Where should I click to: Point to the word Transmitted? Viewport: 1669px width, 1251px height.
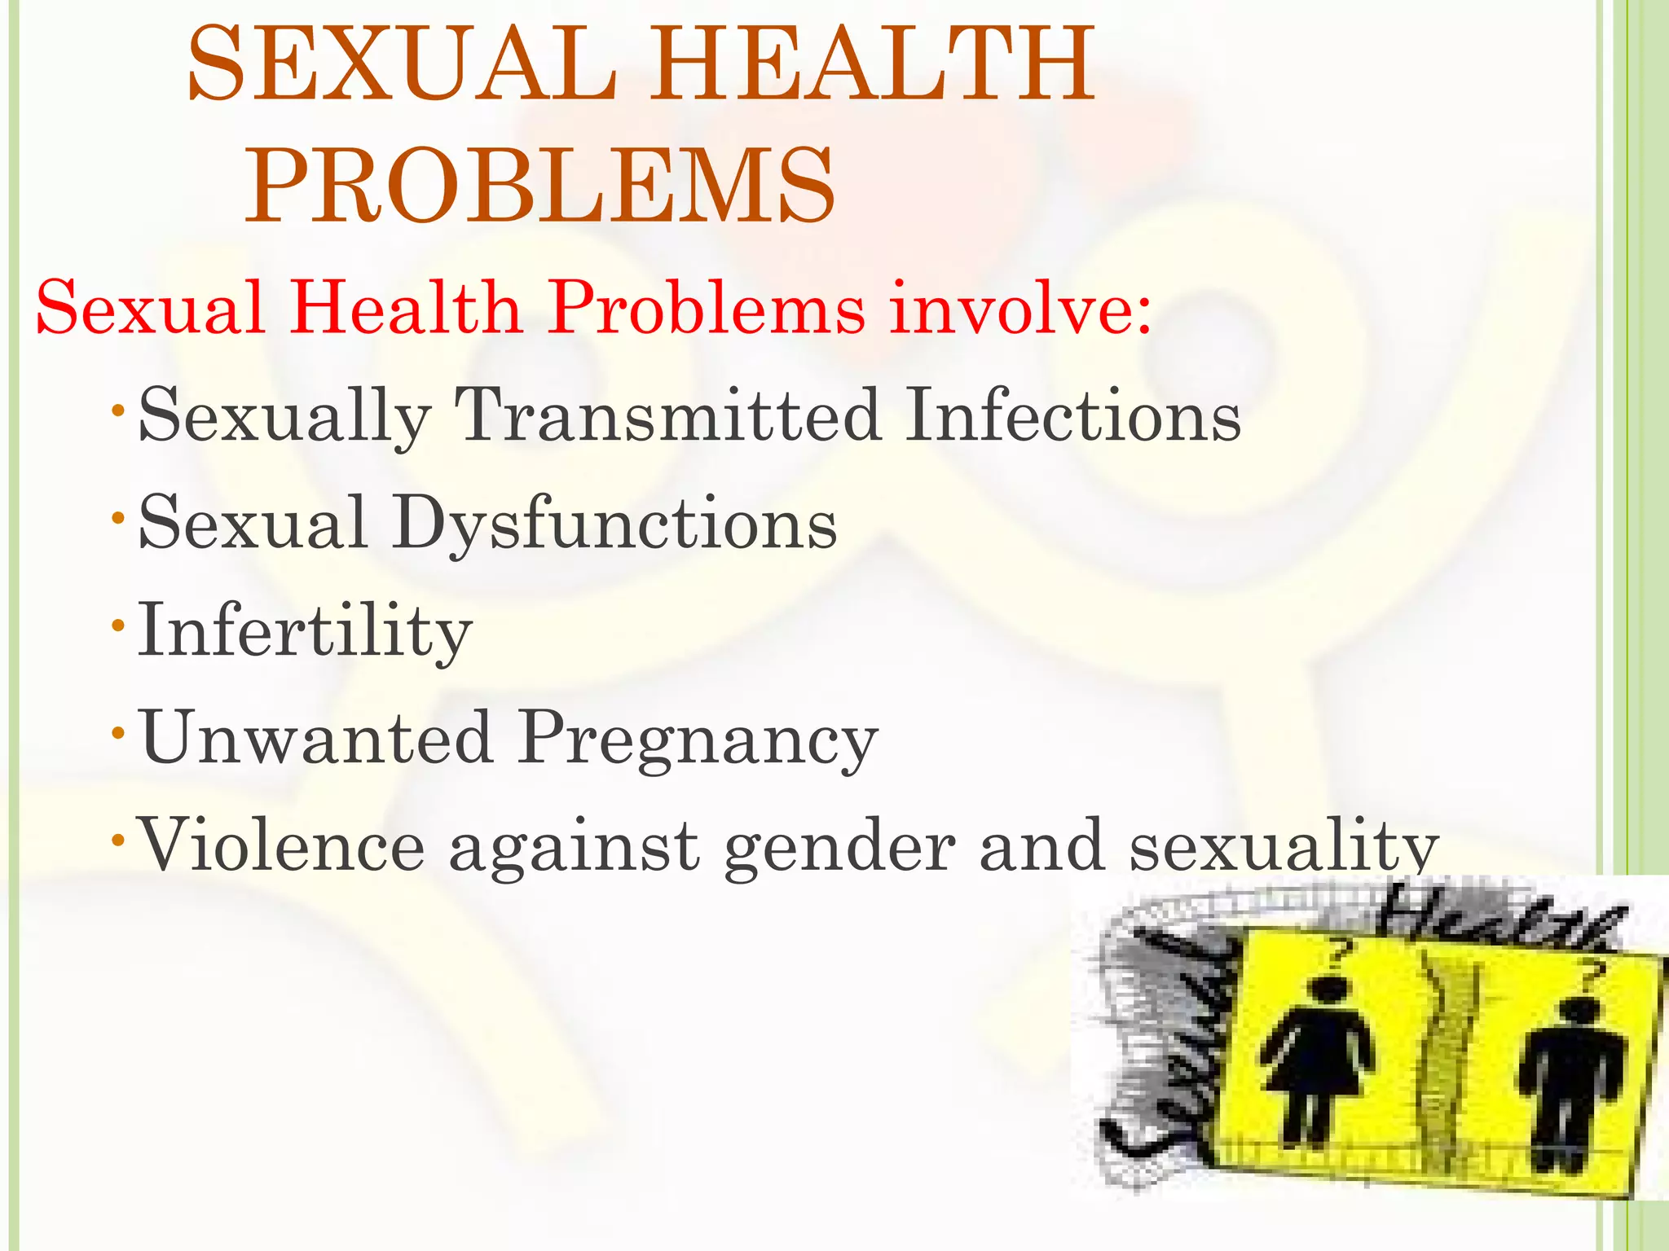pos(667,415)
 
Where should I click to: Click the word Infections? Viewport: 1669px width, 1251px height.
pos(1074,415)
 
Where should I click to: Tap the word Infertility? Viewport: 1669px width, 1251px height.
pos(305,630)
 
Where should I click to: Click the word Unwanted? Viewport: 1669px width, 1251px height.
pos(317,737)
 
